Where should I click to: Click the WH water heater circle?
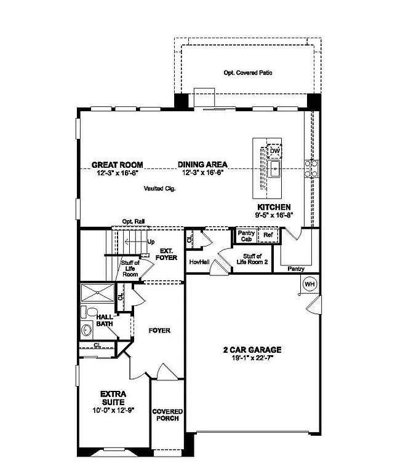point(309,284)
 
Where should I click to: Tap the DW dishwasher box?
point(275,151)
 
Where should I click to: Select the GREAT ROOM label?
point(118,165)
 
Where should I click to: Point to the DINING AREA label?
point(202,165)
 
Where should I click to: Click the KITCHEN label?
point(274,207)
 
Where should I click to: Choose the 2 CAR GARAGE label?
point(252,350)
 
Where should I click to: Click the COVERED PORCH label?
point(167,415)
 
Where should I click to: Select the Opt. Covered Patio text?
point(248,73)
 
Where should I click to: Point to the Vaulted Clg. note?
point(160,189)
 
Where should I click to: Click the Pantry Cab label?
point(246,236)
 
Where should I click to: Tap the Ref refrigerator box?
point(268,235)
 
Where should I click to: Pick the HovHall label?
point(199,261)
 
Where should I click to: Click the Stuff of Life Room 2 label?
point(253,259)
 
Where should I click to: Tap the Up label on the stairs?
point(151,242)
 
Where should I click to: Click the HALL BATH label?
point(105,321)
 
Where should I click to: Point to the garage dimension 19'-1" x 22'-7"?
point(252,358)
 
